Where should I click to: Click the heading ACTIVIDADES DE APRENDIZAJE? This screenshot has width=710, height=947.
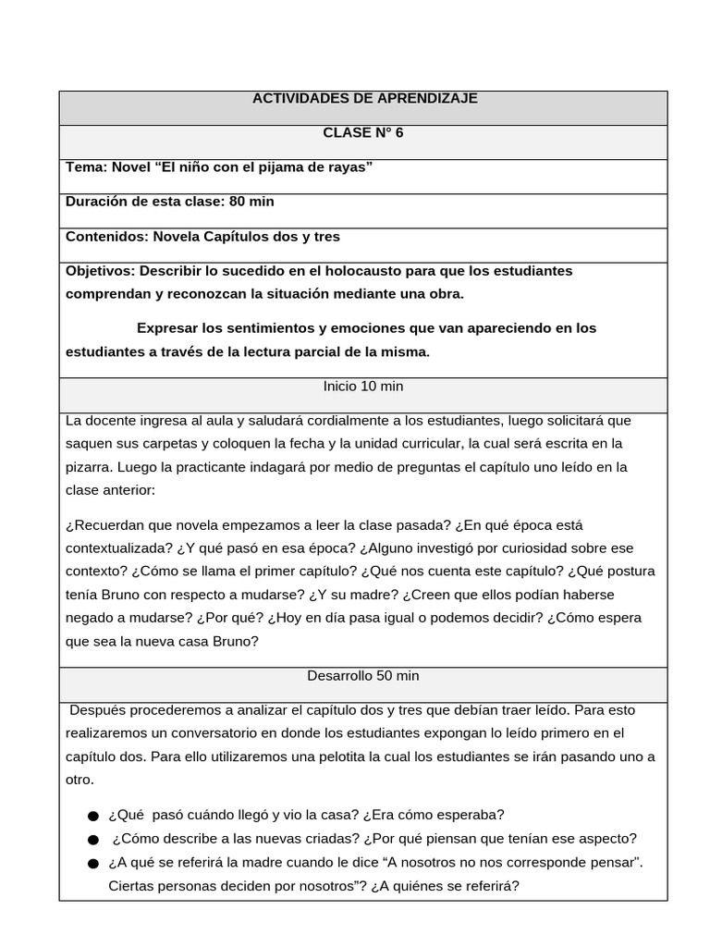pos(365,98)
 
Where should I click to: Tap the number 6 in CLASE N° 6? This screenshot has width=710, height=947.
pos(399,132)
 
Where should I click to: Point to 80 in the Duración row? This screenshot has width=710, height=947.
pos(233,202)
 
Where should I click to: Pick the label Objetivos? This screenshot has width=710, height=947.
pos(100,271)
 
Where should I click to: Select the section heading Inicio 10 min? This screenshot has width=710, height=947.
pos(363,386)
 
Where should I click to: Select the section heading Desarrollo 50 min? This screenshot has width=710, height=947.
pos(363,676)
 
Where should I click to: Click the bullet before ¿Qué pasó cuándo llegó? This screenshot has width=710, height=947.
pos(92,816)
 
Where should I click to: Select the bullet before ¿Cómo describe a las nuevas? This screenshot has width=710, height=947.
pos(92,840)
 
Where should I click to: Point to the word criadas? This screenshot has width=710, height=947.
pos(316,839)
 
